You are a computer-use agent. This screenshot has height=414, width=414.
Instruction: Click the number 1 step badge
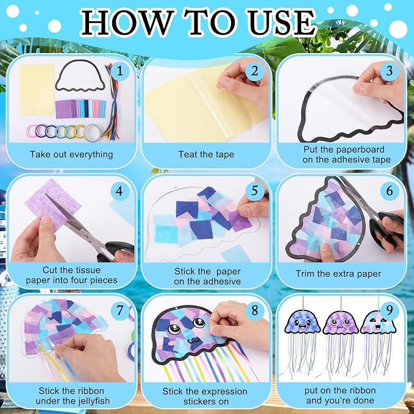coord(120,71)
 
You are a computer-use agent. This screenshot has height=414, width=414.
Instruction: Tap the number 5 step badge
coord(254,190)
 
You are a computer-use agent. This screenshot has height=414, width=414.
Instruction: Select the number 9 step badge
coord(390,310)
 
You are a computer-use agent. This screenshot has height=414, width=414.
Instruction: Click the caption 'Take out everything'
coord(71,154)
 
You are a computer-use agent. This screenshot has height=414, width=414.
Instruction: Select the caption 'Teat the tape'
coord(206,154)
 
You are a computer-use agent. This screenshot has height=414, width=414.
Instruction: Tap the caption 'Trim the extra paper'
coord(338,274)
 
